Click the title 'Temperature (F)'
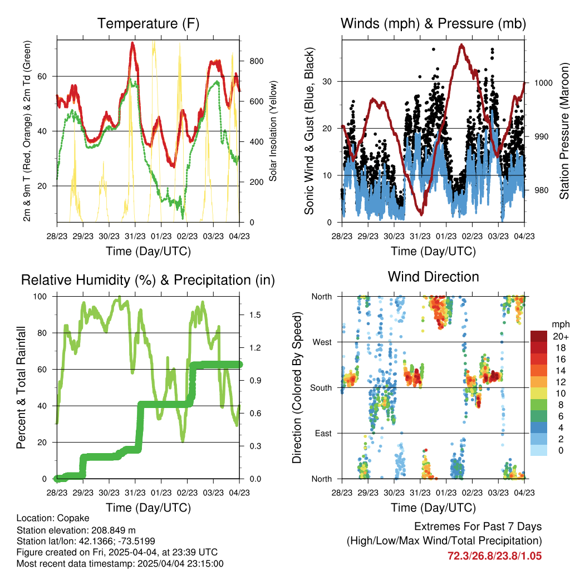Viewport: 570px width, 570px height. click(148, 23)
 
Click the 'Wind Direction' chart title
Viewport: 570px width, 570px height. click(433, 277)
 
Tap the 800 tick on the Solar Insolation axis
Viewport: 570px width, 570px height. click(257, 61)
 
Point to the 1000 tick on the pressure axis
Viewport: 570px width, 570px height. click(543, 83)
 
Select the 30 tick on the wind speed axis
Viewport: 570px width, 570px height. click(327, 81)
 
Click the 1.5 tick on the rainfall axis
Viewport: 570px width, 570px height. click(255, 315)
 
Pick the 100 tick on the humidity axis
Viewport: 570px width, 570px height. click(40, 297)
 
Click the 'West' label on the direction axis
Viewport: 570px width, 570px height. click(322, 342)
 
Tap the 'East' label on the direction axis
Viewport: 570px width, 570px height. click(323, 433)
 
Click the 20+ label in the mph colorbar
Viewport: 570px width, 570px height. click(561, 337)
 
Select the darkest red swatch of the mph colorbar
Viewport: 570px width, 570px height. click(539, 336)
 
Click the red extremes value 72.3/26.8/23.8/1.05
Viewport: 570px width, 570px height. click(494, 556)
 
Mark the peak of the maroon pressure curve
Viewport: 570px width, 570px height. click(461, 46)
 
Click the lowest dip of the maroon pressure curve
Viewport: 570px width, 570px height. click(421, 214)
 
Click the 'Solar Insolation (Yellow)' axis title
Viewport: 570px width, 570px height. click(273, 131)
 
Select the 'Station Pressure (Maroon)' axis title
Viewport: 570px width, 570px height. click(564, 131)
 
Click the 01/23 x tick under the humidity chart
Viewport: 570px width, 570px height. click(161, 493)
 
